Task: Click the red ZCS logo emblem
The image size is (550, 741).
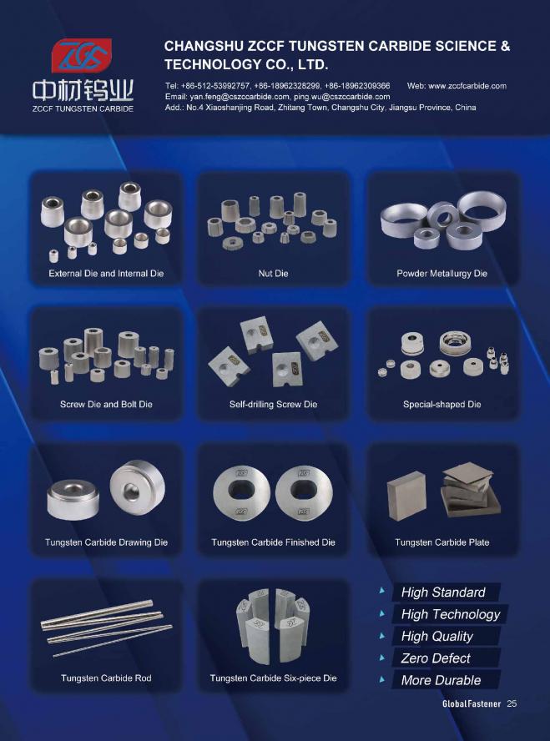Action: [82, 55]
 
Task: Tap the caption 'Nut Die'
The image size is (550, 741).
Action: [273, 273]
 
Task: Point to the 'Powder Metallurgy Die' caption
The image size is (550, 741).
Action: [442, 274]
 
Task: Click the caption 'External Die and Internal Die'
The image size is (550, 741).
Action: [106, 274]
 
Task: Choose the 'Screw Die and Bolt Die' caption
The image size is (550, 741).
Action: [106, 404]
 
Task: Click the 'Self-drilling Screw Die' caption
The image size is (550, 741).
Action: [273, 404]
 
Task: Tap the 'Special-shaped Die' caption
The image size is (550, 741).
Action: [442, 404]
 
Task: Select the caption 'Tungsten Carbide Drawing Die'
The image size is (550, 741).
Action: [106, 542]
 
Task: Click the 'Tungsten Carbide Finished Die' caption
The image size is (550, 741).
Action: [273, 542]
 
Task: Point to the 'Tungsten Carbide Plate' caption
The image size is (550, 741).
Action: [442, 542]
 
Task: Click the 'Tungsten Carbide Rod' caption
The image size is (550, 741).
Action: [106, 678]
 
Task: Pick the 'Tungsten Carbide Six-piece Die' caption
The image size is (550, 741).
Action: [273, 678]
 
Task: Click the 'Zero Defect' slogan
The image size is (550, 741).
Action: [436, 658]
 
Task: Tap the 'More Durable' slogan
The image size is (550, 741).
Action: [441, 681]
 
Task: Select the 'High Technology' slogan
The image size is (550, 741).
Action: [451, 614]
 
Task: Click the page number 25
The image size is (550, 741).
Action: [512, 703]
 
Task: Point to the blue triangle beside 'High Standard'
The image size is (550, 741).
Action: [381, 591]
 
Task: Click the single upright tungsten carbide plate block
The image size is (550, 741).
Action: [406, 496]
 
